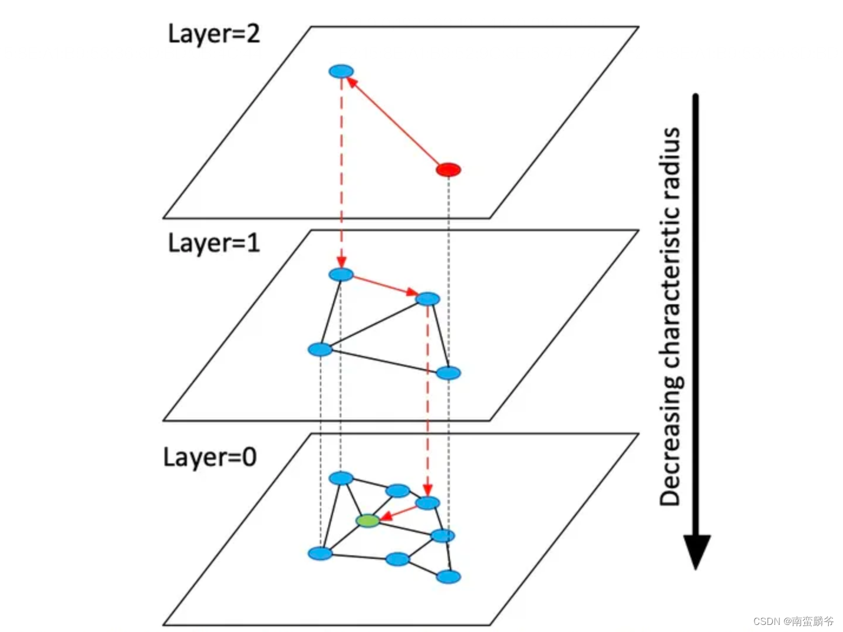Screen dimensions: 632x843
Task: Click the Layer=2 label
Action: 213,34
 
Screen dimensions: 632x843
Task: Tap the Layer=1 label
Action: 213,243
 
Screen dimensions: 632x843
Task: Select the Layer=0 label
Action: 209,457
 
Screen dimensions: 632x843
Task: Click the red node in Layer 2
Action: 448,170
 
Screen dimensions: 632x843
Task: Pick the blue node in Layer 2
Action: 341,71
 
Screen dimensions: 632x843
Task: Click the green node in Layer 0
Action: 368,521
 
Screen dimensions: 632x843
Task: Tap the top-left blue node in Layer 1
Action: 341,274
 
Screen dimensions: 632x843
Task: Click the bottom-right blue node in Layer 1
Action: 448,373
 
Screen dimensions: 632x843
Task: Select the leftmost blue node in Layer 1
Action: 320,350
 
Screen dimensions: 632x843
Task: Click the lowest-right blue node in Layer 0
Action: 448,577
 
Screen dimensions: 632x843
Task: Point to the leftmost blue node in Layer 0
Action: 320,553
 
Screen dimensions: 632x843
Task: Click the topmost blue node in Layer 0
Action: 341,478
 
